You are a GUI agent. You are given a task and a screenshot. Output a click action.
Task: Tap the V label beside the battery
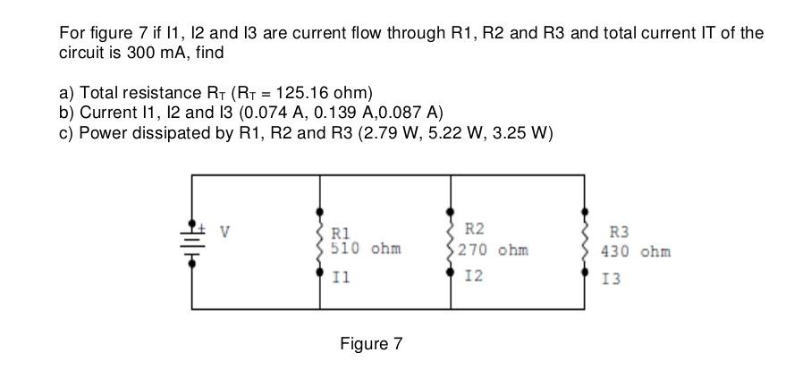pyautogui.click(x=225, y=231)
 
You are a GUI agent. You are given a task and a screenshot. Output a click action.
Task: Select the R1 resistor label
pyautogui.click(x=341, y=233)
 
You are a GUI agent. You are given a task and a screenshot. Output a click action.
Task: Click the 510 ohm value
pyautogui.click(x=366, y=248)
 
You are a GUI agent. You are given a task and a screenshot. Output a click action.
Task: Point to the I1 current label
pyautogui.click(x=341, y=278)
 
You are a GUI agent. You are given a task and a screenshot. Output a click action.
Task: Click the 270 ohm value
pyautogui.click(x=493, y=249)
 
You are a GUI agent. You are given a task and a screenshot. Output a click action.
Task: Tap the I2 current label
pyautogui.click(x=474, y=276)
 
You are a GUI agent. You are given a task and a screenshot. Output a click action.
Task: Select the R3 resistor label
pyautogui.click(x=619, y=231)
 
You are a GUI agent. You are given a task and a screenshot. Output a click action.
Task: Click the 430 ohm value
pyautogui.click(x=635, y=251)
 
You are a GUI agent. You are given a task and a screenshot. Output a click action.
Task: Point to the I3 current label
pyautogui.click(x=610, y=279)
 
